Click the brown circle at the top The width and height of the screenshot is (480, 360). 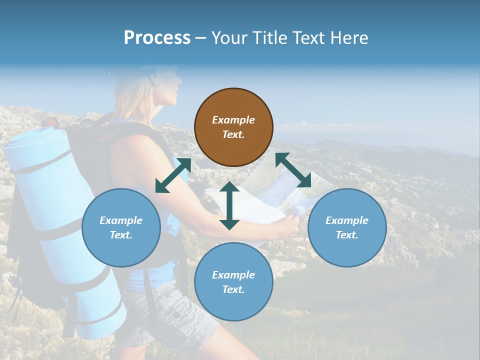[233, 127]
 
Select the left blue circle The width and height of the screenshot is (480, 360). [121, 227]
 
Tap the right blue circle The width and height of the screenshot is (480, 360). [347, 227]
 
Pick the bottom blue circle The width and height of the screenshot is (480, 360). [233, 282]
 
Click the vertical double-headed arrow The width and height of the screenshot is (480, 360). [229, 205]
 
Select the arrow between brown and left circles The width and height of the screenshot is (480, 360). [173, 175]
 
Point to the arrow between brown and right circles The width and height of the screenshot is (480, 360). [293, 170]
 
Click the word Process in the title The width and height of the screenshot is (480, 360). [157, 38]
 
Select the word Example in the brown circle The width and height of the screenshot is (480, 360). [233, 120]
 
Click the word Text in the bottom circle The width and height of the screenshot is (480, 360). [232, 289]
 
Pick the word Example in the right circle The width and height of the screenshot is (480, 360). [347, 220]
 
